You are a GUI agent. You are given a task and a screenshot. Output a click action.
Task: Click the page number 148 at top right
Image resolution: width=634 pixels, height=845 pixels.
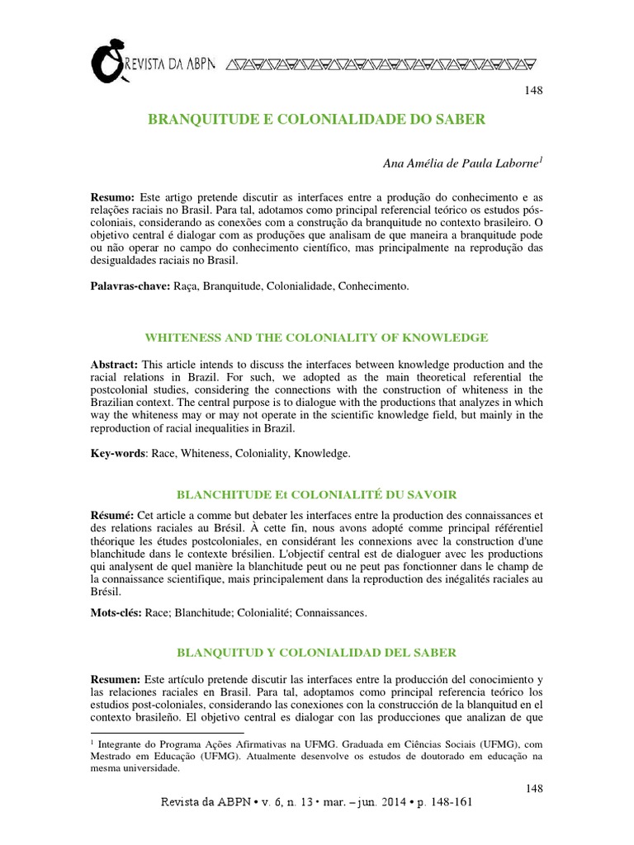coord(533,90)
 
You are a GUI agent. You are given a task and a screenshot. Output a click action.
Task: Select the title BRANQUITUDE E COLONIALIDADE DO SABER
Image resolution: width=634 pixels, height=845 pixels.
coord(316,119)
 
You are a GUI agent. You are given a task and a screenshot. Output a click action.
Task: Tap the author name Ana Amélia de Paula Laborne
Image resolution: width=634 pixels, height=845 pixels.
coord(461,163)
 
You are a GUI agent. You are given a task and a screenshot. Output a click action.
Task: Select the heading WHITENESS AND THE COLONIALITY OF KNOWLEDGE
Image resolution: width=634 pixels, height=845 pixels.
coord(316,337)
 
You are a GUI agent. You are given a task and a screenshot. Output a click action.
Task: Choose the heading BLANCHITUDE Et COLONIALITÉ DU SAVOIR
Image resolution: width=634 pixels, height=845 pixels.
coord(316,493)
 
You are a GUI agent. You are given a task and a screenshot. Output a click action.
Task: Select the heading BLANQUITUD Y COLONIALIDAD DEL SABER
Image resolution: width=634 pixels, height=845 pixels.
coord(316,653)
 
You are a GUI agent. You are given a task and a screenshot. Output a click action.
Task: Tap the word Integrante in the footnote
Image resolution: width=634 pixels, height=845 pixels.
coord(124,744)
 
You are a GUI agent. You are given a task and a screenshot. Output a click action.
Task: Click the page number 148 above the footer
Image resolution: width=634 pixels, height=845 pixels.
coord(533,789)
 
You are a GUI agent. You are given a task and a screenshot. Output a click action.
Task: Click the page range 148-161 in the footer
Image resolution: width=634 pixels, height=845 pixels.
coord(446,801)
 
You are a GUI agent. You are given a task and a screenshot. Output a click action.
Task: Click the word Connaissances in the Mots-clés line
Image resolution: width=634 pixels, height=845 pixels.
coord(330,613)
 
